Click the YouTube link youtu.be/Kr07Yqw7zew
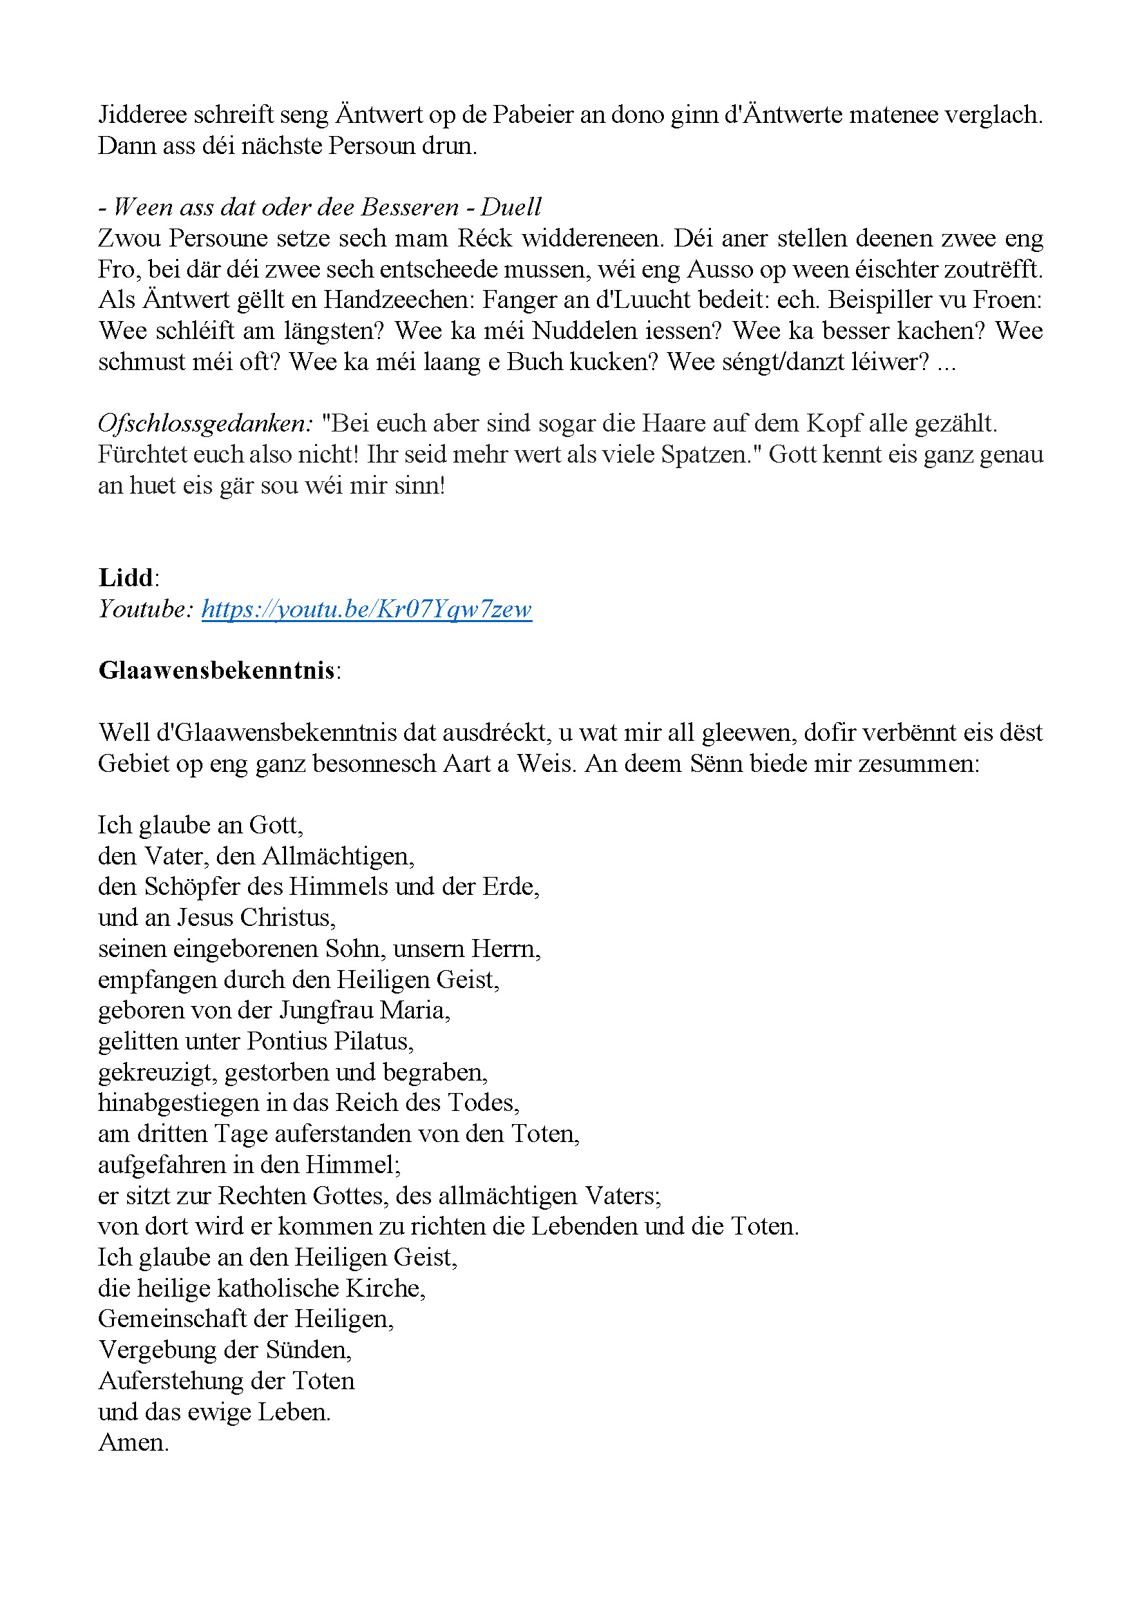coord(366,609)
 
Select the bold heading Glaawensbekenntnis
coord(217,670)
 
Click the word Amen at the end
coord(132,1442)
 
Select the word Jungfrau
coord(327,1010)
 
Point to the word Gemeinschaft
coord(173,1319)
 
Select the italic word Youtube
coord(144,609)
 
